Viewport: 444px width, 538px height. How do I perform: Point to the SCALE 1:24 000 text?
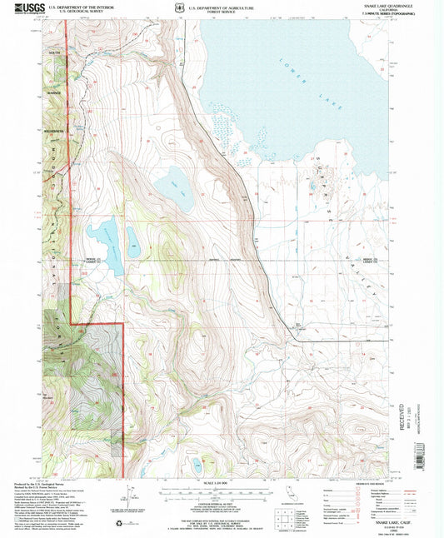221,483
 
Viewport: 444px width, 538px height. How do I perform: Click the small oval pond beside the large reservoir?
132,240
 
